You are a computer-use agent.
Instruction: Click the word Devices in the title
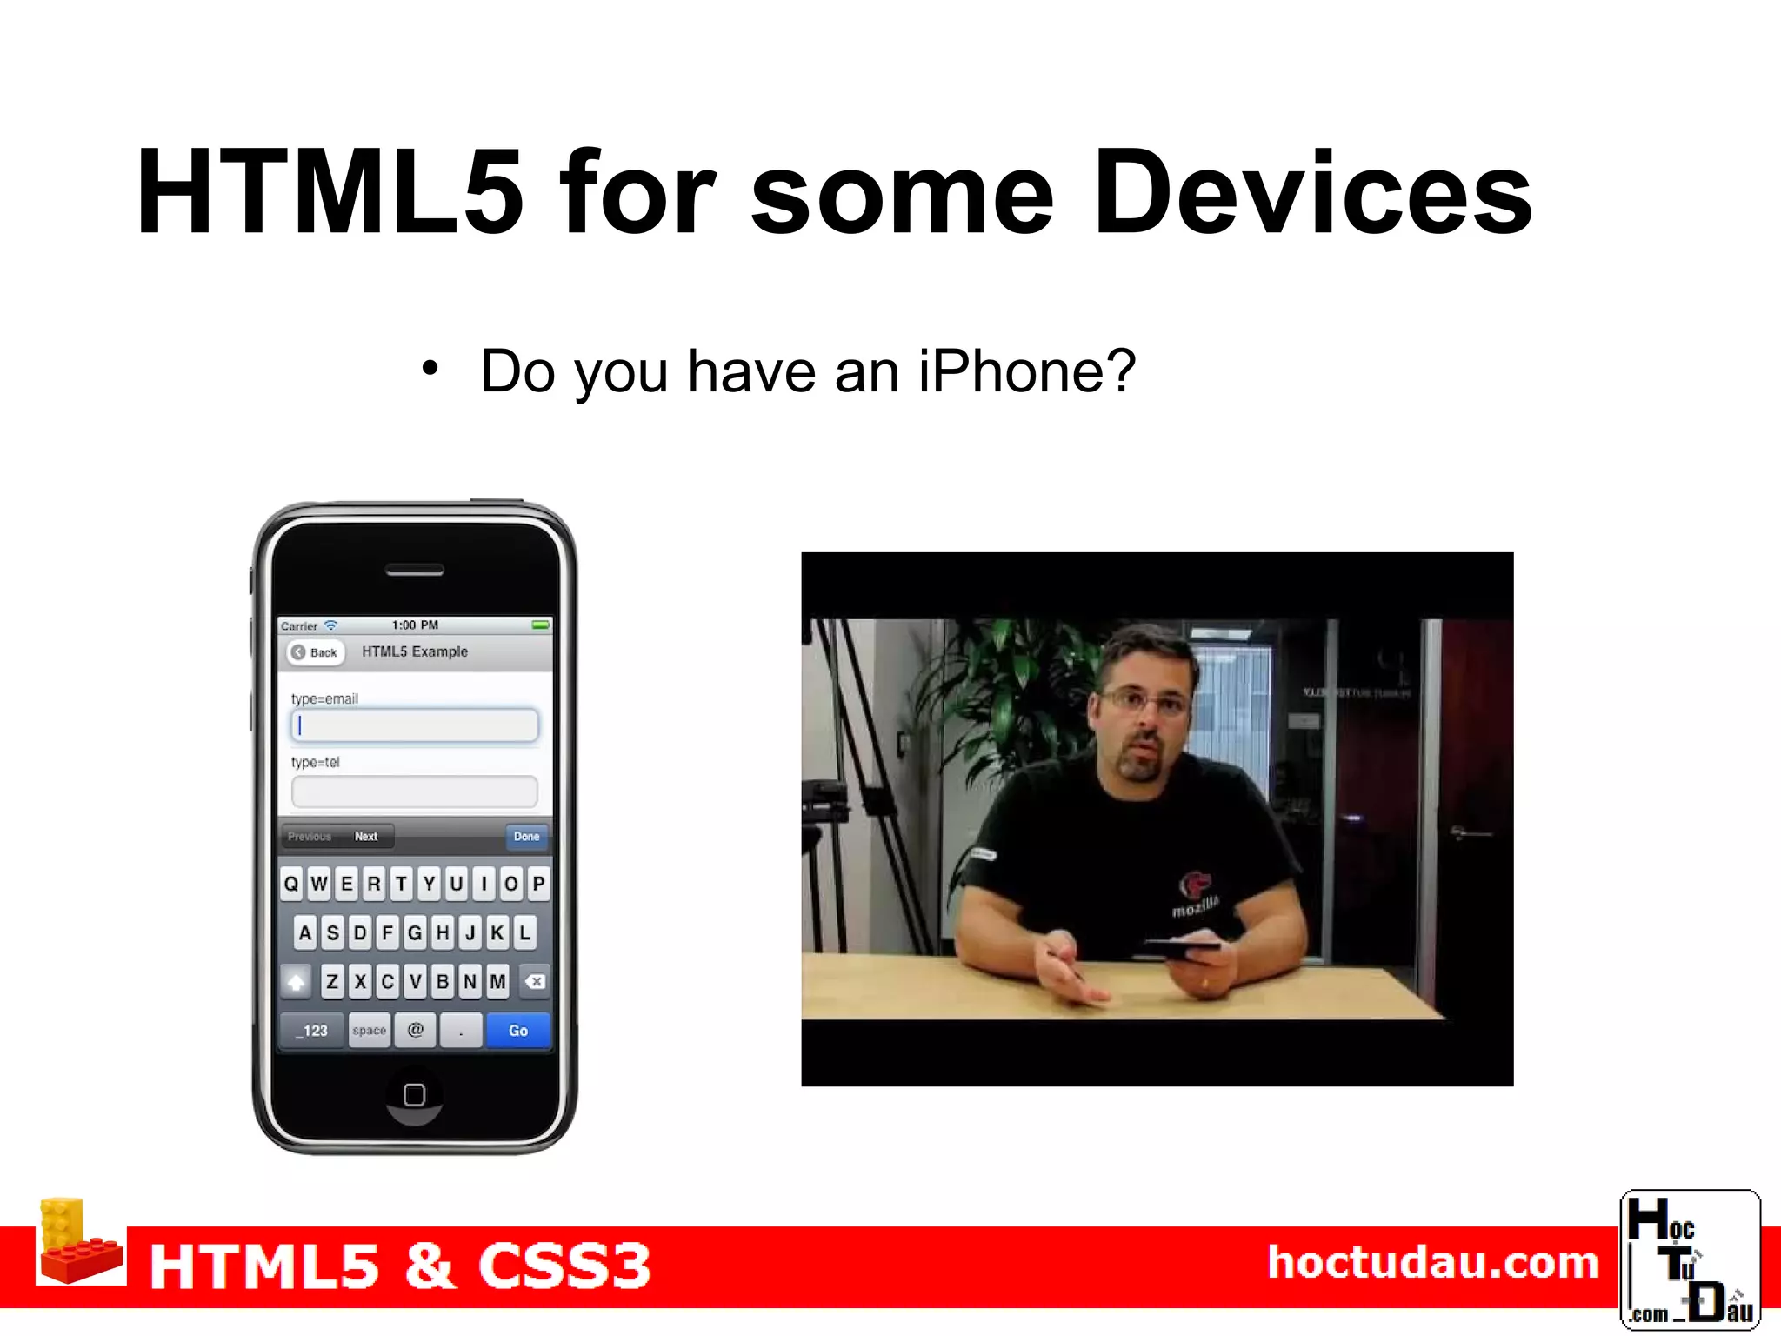pyautogui.click(x=1313, y=193)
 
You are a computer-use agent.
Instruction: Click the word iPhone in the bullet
pyautogui.click(x=1026, y=371)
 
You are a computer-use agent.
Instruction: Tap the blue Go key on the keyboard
pyautogui.click(x=518, y=1031)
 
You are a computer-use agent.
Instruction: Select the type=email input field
pyautogui.click(x=415, y=726)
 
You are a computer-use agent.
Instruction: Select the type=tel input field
pyautogui.click(x=415, y=792)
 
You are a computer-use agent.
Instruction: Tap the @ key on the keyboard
pyautogui.click(x=416, y=1031)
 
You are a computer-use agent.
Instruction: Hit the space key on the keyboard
pyautogui.click(x=369, y=1031)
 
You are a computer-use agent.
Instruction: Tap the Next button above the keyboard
pyautogui.click(x=366, y=837)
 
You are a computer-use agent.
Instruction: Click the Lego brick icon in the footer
pyautogui.click(x=78, y=1244)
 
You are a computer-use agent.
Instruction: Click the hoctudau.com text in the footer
pyautogui.click(x=1433, y=1263)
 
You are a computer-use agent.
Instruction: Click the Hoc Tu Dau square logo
pyautogui.click(x=1690, y=1260)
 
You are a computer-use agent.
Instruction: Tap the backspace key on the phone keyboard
pyautogui.click(x=535, y=982)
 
